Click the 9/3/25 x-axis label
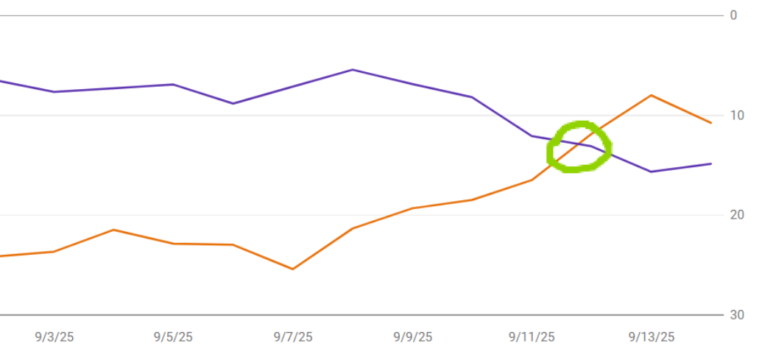tap(54, 337)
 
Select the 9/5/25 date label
tap(174, 337)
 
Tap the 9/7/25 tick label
tap(293, 337)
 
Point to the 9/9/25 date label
tap(412, 337)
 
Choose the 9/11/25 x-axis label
tap(532, 337)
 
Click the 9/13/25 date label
tap(652, 337)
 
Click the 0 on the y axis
tap(733, 15)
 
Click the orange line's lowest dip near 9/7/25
tap(293, 269)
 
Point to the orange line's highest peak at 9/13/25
tap(652, 95)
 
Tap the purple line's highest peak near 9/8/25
tap(353, 70)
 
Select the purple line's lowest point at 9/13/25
tap(652, 172)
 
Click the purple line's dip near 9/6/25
tap(233, 103)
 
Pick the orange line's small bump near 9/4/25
tap(114, 230)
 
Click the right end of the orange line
tap(711, 123)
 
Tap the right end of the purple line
tap(711, 163)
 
